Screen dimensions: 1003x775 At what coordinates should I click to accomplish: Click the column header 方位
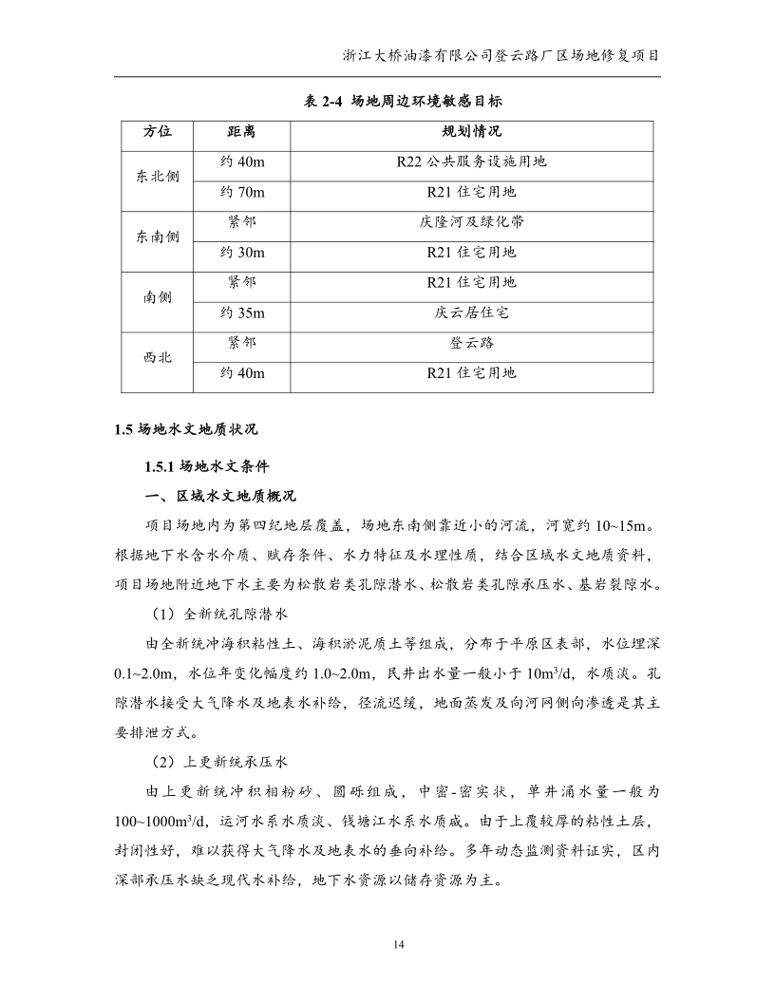157,131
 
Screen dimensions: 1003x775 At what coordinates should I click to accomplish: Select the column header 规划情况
471,131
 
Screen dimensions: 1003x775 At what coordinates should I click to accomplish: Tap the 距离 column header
241,131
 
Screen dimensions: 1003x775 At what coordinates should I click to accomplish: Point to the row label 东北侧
157,177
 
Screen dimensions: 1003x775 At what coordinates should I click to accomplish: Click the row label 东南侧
157,237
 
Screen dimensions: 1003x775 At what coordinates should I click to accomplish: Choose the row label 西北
157,358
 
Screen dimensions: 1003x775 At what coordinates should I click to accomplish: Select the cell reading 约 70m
241,192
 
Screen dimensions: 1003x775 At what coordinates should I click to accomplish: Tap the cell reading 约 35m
241,312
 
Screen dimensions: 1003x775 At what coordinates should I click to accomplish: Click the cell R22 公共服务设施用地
471,161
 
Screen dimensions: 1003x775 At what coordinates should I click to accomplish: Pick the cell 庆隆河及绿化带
471,222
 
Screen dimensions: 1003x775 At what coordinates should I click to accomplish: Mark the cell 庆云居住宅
471,312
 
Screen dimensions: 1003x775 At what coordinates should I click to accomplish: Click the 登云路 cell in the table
471,343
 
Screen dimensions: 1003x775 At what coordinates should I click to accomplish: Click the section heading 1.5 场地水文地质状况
185,429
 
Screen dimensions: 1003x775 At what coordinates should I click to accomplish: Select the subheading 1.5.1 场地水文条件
207,467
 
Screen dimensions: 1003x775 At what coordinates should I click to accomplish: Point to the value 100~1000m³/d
149,821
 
